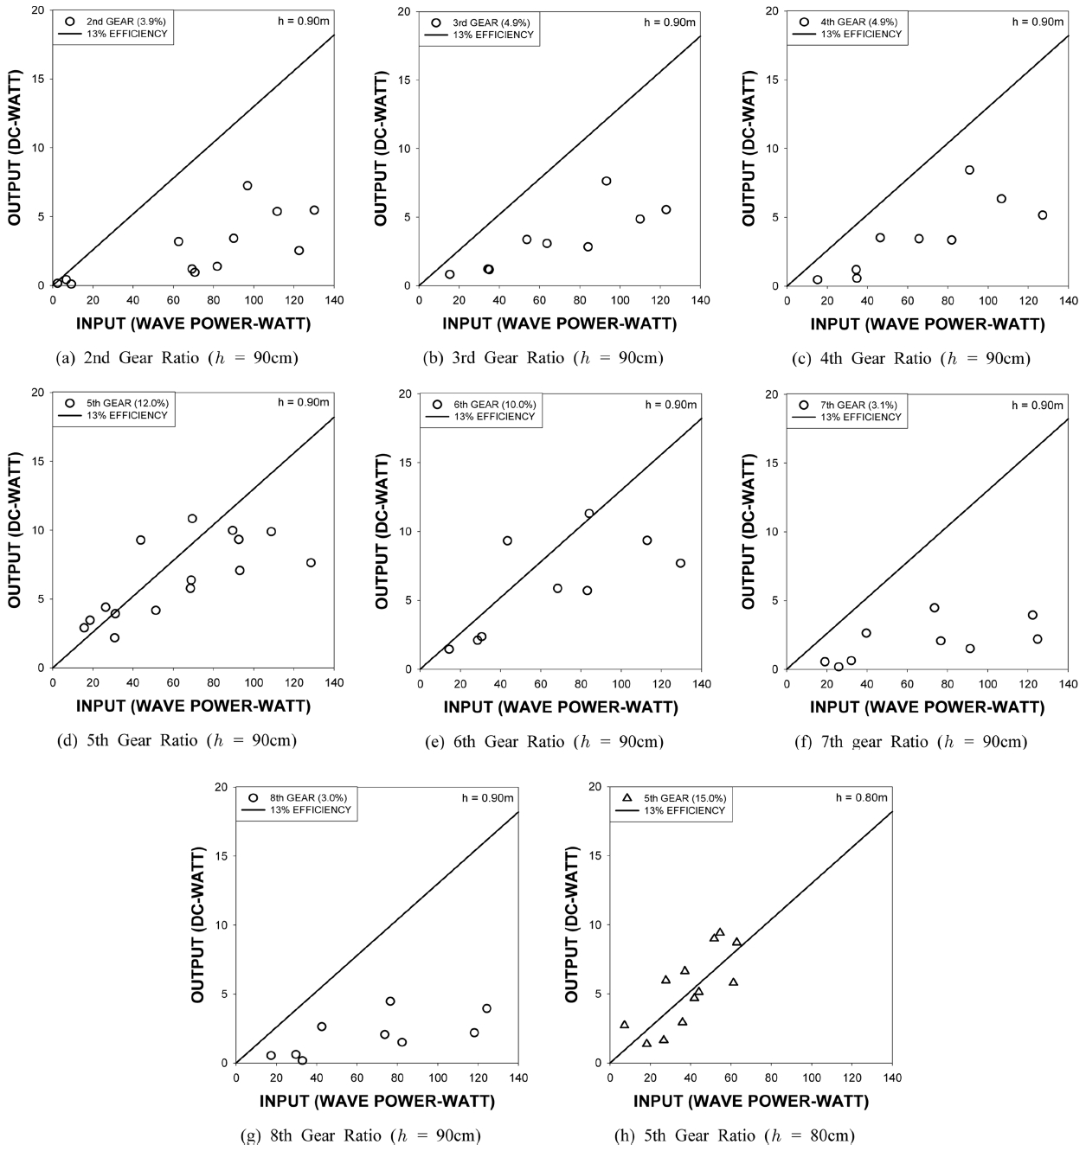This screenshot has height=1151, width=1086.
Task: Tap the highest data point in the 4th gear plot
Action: point(969,169)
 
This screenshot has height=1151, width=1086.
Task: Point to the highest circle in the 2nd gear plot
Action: point(247,186)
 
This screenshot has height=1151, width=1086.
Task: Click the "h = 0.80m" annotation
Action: point(861,797)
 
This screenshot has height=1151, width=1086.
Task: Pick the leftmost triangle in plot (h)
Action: point(625,1025)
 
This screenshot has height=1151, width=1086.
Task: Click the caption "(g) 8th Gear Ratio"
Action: point(360,1135)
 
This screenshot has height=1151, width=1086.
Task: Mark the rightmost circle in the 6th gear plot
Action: point(680,563)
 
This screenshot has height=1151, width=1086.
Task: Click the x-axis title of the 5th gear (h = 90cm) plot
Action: point(193,706)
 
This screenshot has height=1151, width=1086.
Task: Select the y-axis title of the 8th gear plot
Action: point(198,925)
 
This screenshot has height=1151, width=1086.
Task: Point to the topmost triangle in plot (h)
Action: point(720,933)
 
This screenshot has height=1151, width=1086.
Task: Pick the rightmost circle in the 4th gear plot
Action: point(1042,215)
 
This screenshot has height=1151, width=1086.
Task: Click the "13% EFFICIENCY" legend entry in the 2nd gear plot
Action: point(126,35)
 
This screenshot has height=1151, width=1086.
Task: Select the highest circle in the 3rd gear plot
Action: point(607,181)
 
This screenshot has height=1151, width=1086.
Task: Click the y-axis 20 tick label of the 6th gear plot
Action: point(404,393)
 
